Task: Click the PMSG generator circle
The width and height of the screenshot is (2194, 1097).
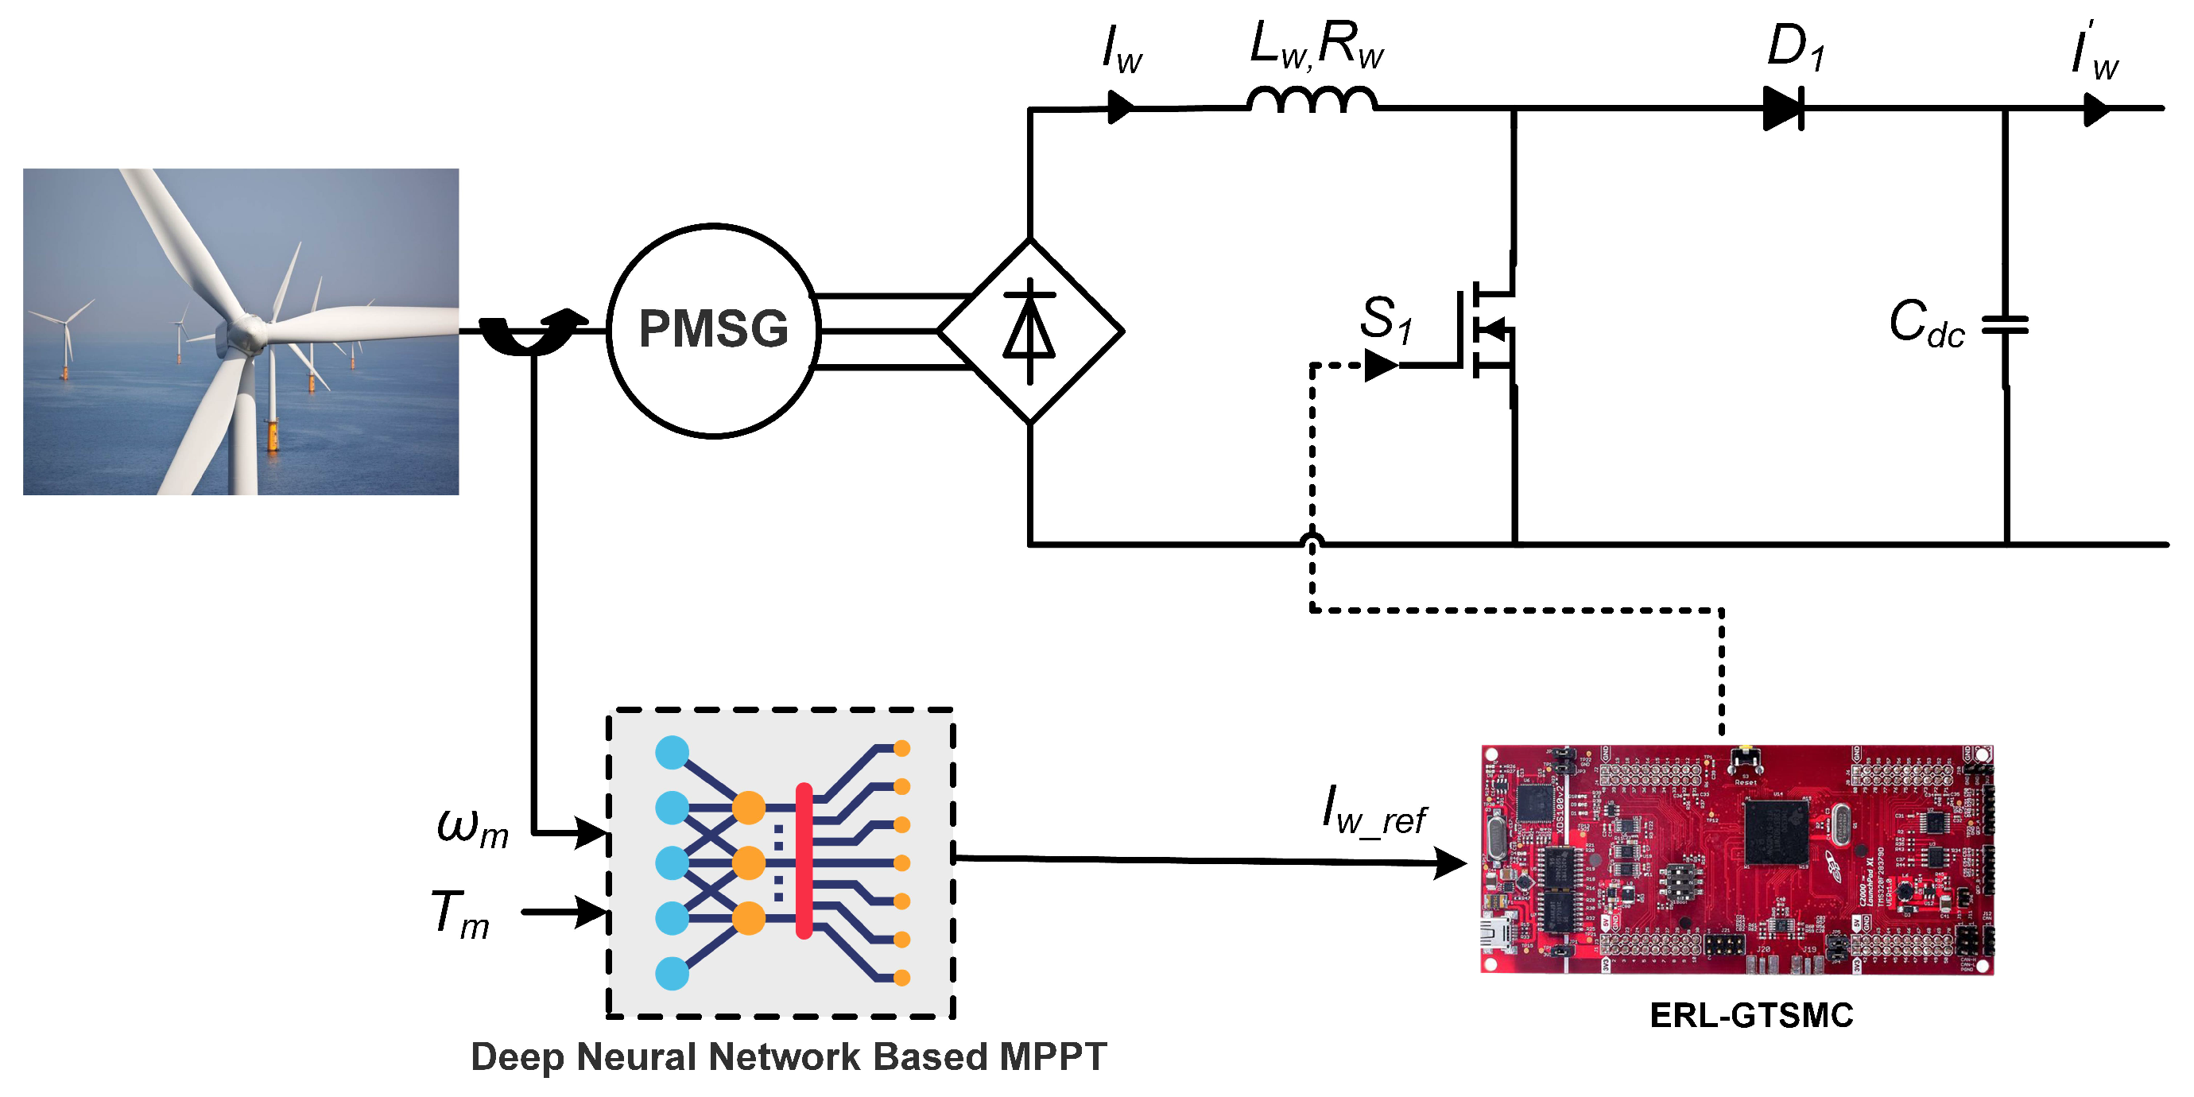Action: click(x=714, y=331)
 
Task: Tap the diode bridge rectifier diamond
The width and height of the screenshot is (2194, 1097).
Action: click(x=1029, y=331)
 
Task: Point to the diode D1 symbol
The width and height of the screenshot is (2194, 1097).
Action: click(x=1782, y=108)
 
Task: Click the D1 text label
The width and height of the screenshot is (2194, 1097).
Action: click(x=1796, y=47)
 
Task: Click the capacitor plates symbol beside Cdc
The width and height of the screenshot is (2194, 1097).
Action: click(x=2005, y=324)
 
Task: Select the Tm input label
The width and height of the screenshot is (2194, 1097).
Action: click(x=461, y=914)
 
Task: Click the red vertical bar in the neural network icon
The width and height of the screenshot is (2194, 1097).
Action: click(x=803, y=860)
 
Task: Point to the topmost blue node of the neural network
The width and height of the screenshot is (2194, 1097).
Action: click(x=672, y=752)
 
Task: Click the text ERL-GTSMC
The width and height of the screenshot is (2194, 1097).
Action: click(x=1751, y=1015)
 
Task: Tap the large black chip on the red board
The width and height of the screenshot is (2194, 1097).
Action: click(x=1776, y=831)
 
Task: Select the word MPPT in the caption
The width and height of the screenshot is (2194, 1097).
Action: click(x=1052, y=1057)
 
